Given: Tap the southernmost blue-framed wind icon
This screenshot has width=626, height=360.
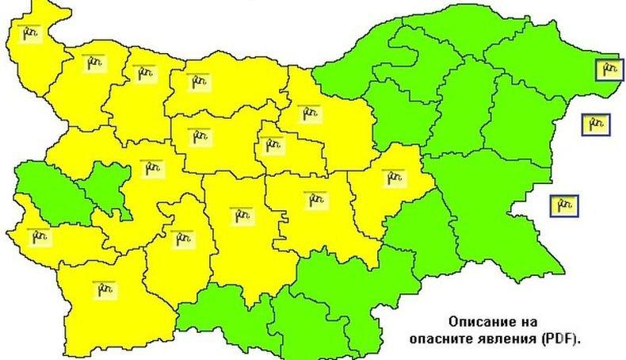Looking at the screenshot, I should click(563, 205).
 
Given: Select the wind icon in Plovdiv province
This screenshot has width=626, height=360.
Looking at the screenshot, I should click(239, 213).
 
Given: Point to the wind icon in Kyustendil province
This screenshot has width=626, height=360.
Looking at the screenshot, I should click(37, 236).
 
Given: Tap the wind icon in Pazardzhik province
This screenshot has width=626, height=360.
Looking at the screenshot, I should click(181, 236).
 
